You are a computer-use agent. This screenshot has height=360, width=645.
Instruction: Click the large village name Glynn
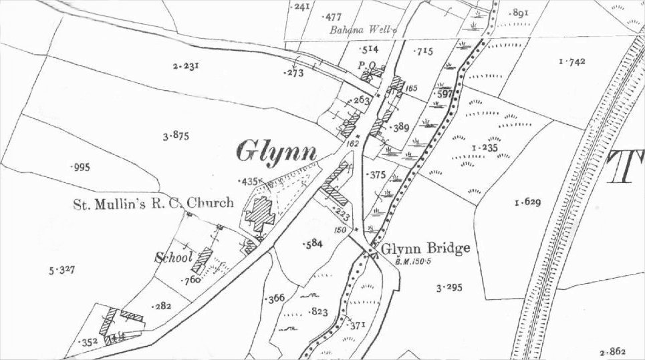pos(276,152)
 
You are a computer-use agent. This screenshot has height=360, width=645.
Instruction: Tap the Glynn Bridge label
pos(426,248)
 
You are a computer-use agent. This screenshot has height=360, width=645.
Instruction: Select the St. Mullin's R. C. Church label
pos(153,202)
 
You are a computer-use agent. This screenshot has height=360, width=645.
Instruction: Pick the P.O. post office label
pos(368,65)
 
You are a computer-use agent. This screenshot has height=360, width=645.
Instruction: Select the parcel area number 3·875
pos(176,136)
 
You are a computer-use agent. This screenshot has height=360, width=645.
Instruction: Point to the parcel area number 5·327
pos(61,270)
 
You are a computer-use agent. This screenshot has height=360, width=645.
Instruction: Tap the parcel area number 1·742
pos(571,61)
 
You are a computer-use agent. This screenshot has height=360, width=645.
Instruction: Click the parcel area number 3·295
pos(449,289)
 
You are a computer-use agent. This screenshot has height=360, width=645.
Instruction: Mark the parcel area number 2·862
pos(614,351)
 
